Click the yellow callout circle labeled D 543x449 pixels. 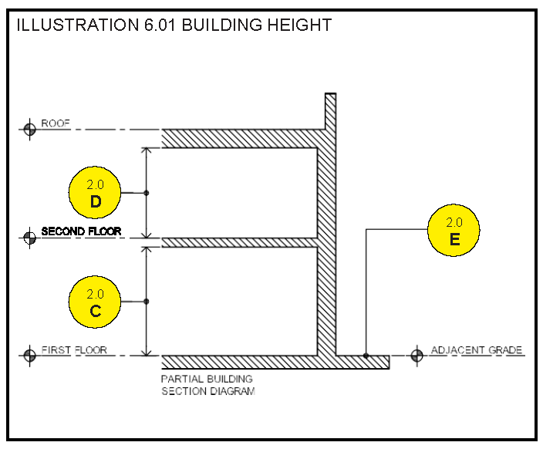(x=96, y=193)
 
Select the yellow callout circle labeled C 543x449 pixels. (x=96, y=302)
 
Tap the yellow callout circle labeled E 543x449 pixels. (x=454, y=230)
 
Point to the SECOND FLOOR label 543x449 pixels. (x=81, y=231)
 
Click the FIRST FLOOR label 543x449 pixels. (x=73, y=350)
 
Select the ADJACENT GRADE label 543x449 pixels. (x=477, y=350)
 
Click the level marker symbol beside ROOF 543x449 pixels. (x=30, y=129)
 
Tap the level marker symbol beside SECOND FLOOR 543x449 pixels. (x=30, y=237)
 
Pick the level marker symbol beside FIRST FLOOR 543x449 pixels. (x=30, y=356)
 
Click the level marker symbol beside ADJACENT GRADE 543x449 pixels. (x=417, y=356)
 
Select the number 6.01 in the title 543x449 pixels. (x=157, y=25)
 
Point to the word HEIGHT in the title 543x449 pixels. (x=298, y=25)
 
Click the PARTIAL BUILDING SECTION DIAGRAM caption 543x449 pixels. (x=207, y=385)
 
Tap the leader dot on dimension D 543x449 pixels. (x=147, y=193)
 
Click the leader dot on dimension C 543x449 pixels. (x=147, y=302)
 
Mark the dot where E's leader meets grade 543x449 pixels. (x=366, y=356)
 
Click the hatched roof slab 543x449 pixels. (x=239, y=138)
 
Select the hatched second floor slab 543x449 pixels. (x=239, y=242)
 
